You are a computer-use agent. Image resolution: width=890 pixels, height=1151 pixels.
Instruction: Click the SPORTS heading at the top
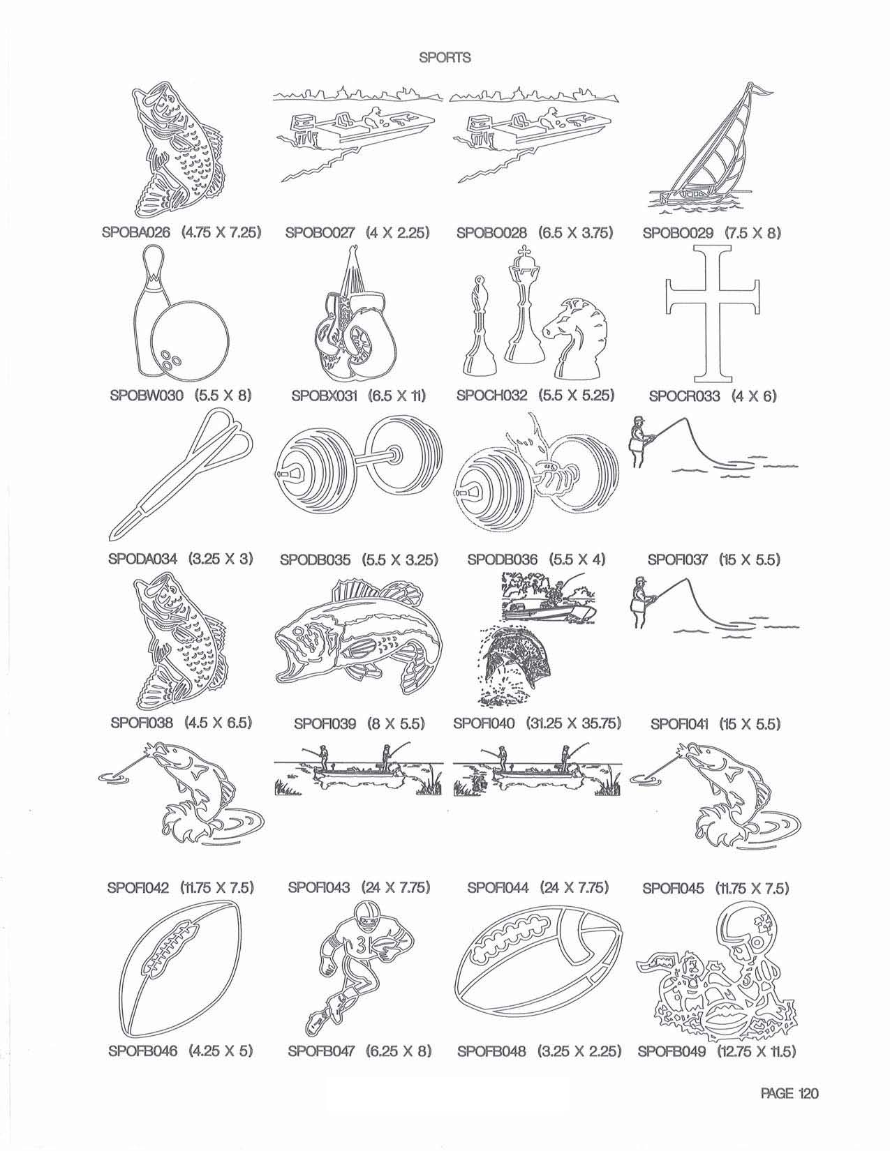(x=445, y=57)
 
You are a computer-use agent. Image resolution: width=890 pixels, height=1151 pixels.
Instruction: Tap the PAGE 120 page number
(x=789, y=1092)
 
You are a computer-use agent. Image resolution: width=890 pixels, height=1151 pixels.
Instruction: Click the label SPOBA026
(x=136, y=232)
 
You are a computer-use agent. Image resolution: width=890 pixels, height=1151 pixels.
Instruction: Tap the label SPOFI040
(x=484, y=723)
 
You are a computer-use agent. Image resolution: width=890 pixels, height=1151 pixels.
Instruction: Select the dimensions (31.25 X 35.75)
(x=574, y=723)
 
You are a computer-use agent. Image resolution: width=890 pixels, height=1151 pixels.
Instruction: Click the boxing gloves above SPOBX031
(x=354, y=324)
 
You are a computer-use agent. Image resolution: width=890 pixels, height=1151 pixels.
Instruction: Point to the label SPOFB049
(x=672, y=1051)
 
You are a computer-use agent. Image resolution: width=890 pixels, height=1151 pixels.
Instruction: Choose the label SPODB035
(x=315, y=560)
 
